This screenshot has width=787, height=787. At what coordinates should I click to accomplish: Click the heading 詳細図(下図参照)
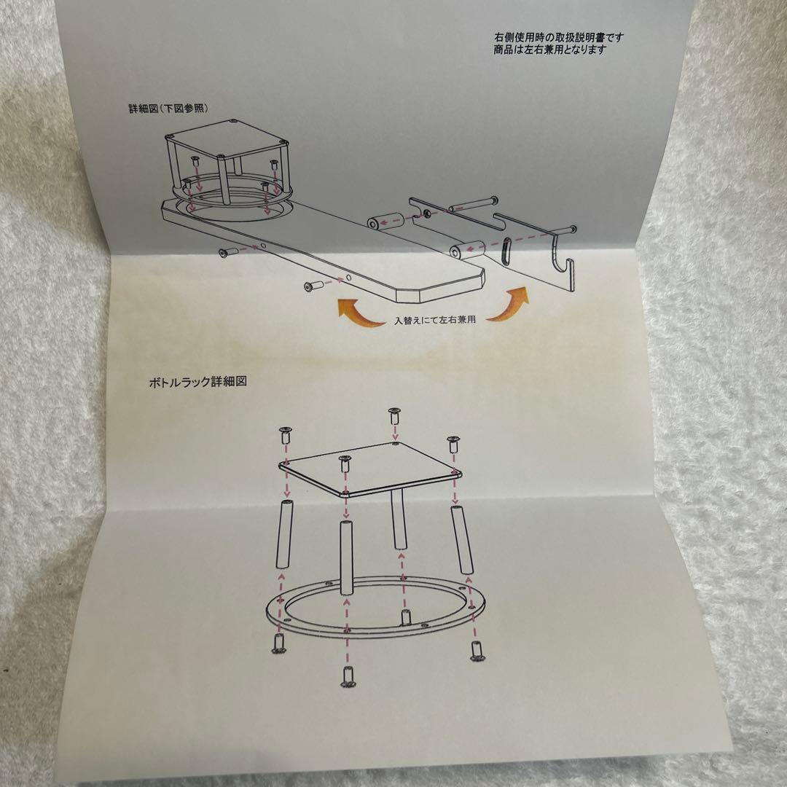[169, 108]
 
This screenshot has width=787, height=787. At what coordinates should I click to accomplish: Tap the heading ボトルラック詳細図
[196, 381]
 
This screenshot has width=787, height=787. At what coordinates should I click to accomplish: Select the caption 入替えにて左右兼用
[435, 320]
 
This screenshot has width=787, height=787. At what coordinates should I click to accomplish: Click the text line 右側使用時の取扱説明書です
[558, 37]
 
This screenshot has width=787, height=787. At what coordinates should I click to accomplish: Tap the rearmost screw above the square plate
[394, 416]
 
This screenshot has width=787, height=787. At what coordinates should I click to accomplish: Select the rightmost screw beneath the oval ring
[477, 650]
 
